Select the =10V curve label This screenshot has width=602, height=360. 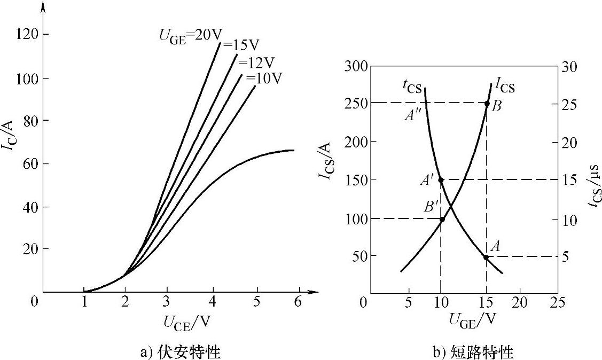264,79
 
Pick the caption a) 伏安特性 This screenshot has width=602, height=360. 180,351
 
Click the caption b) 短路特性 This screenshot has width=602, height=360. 473,351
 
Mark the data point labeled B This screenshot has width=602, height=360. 487,103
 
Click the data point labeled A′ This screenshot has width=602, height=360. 441,180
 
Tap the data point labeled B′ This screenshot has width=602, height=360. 442,219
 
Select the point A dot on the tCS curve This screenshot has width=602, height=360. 486,257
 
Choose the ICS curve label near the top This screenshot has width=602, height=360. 505,84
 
